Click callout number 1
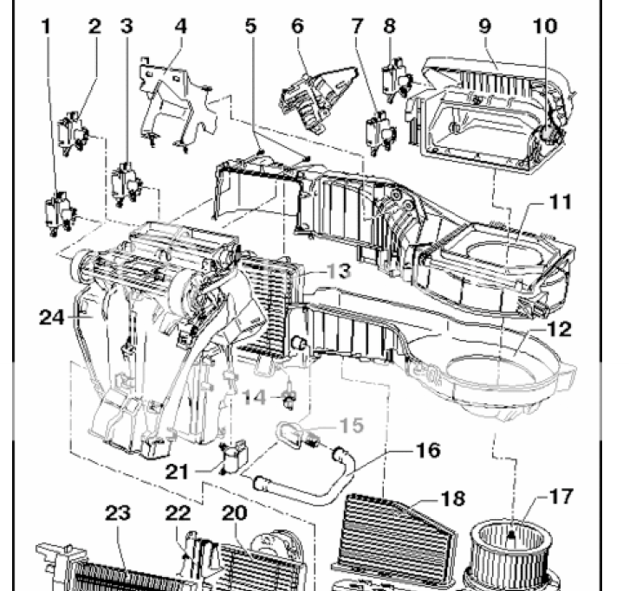[x=47, y=27]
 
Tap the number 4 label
[x=181, y=27]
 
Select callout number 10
[x=545, y=27]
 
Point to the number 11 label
[x=561, y=202]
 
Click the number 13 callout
[x=340, y=271]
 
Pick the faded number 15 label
[x=352, y=426]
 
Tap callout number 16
[x=428, y=450]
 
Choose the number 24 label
[x=52, y=318]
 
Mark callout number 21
[x=177, y=472]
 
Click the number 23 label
[x=118, y=513]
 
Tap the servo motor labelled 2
[x=73, y=133]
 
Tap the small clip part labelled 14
[x=289, y=399]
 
